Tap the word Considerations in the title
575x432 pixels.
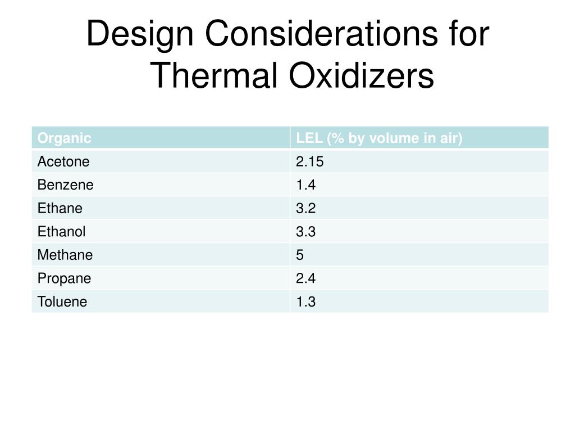(x=321, y=33)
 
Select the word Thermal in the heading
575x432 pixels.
(x=213, y=75)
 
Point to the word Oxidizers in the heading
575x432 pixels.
(x=362, y=75)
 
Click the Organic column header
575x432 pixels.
(x=64, y=138)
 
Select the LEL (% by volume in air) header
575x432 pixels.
(x=379, y=138)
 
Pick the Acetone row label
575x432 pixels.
(x=63, y=161)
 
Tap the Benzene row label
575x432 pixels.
(x=65, y=184)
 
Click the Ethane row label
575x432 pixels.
(x=60, y=208)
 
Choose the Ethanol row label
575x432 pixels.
(x=61, y=232)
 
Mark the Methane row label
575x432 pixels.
(x=65, y=255)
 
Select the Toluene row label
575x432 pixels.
(x=62, y=302)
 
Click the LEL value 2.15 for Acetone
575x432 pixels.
(x=310, y=161)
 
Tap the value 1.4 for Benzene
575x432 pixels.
(x=306, y=184)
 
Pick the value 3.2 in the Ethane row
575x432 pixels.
(x=306, y=208)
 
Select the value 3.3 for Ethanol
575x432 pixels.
(x=306, y=232)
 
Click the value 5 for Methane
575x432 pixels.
(x=300, y=255)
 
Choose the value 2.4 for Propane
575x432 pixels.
(x=306, y=278)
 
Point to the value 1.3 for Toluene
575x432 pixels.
(x=306, y=302)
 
